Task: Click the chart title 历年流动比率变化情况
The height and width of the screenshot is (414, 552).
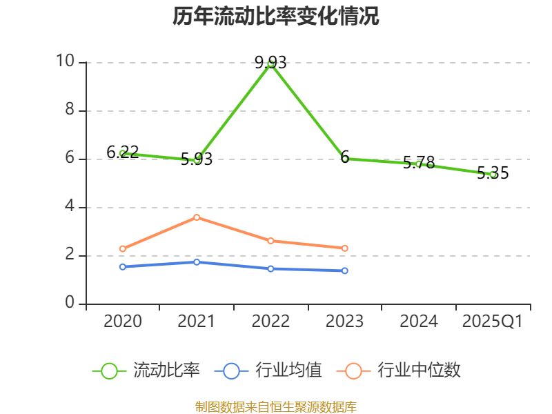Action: pos(276,17)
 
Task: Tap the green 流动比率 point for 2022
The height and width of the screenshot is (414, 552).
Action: pos(271,63)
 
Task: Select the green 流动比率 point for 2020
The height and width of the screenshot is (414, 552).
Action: pos(123,153)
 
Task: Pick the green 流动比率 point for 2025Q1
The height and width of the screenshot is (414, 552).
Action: pos(493,175)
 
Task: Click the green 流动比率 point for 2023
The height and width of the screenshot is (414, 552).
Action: pos(345,159)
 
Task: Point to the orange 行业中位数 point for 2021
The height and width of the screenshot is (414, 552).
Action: pos(197,217)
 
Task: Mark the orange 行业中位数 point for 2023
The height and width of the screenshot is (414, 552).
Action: pos(345,248)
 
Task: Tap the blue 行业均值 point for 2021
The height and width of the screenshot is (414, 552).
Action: pos(197,262)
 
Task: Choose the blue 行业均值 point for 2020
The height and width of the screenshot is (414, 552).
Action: pos(123,266)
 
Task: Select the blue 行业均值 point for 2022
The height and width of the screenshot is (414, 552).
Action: pos(271,268)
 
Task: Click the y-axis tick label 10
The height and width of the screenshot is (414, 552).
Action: pos(66,62)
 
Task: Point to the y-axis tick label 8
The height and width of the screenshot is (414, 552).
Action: pos(70,110)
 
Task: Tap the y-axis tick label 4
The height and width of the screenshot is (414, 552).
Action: pos(70,207)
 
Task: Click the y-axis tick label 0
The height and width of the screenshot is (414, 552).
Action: pos(70,304)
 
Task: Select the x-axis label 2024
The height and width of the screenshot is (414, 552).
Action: pos(419,322)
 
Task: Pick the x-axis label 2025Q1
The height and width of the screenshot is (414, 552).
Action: pos(493,322)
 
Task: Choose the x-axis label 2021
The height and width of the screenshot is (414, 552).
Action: pos(197,322)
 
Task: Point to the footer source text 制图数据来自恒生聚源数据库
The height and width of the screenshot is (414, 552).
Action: pos(276,406)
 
